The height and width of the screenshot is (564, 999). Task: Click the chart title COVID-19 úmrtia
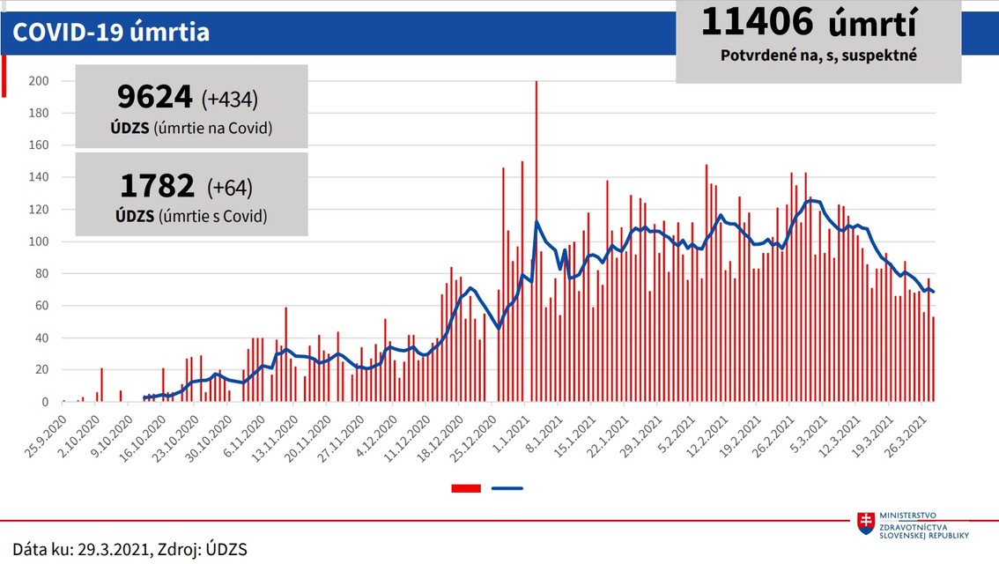click(110, 33)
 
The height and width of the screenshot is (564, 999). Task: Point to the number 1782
click(157, 186)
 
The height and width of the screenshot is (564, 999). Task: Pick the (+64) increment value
click(230, 187)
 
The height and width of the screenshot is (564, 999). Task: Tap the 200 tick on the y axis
click(40, 81)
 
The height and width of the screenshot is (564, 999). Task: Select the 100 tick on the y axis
click(40, 241)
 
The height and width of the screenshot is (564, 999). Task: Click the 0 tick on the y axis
click(45, 403)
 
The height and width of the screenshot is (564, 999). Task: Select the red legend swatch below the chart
click(465, 487)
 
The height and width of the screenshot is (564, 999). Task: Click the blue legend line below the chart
click(507, 487)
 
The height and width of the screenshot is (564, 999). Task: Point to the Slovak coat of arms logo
click(866, 523)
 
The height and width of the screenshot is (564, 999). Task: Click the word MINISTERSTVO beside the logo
click(910, 516)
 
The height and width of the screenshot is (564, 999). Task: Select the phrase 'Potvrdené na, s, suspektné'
click(818, 55)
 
